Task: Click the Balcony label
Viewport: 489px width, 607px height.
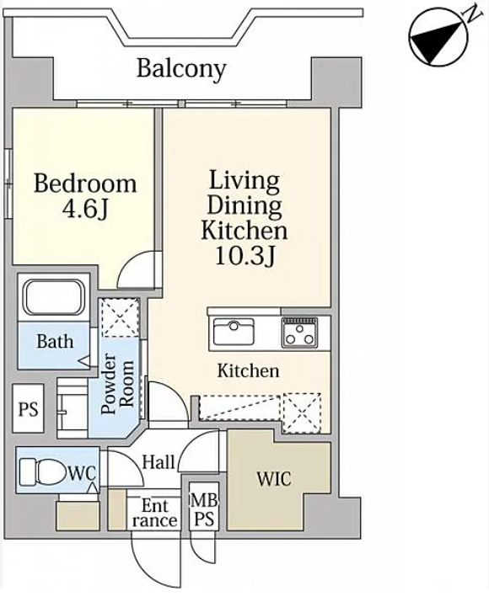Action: [181, 69]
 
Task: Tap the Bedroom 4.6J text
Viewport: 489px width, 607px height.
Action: [85, 196]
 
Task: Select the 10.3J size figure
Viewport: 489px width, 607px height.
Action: [244, 255]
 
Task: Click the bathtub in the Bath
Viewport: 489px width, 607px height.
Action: [54, 297]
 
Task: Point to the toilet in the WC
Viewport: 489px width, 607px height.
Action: [43, 471]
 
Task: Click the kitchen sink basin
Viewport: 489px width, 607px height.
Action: [234, 332]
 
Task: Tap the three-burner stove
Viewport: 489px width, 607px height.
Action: [299, 333]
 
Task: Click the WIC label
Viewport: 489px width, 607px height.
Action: [274, 479]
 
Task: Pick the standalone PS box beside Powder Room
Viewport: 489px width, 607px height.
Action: [28, 408]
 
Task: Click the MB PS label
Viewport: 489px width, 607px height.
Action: [204, 510]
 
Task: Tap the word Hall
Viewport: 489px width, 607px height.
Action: [158, 462]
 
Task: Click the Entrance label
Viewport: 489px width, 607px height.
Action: [155, 514]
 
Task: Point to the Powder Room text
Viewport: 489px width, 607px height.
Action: [117, 384]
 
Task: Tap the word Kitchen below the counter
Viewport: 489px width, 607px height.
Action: [248, 370]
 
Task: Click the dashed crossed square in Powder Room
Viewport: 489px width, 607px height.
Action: [121, 317]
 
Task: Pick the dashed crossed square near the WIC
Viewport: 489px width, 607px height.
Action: [301, 413]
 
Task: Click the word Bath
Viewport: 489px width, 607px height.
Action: [55, 342]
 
